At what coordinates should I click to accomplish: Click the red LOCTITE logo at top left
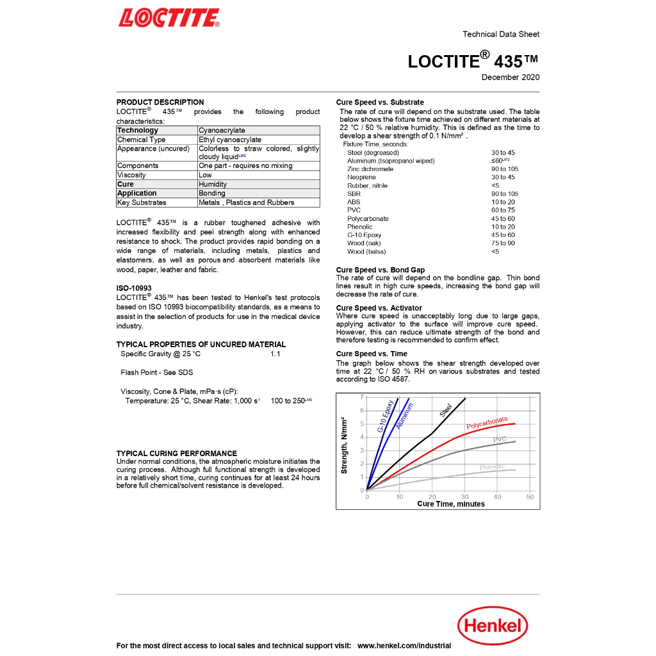pyautogui.click(x=168, y=18)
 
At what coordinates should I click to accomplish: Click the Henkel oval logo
pyautogui.click(x=492, y=625)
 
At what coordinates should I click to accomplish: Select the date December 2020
pyautogui.click(x=510, y=78)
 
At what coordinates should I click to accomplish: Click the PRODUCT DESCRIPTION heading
pyautogui.click(x=160, y=102)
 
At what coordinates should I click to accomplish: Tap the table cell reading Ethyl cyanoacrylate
pyautogui.click(x=230, y=140)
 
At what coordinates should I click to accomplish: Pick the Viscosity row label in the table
pyautogui.click(x=131, y=175)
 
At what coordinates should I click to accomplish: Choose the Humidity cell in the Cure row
pyautogui.click(x=213, y=184)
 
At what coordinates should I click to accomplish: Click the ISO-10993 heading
pyautogui.click(x=134, y=288)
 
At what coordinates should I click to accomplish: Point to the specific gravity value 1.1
pyautogui.click(x=275, y=354)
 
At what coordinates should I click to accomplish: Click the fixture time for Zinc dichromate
pyautogui.click(x=505, y=169)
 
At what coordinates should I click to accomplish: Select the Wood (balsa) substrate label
pyautogui.click(x=366, y=252)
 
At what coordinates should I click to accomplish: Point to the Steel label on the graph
pyautogui.click(x=446, y=410)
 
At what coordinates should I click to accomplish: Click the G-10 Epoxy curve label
pyautogui.click(x=386, y=416)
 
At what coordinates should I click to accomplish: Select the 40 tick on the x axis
pyautogui.click(x=497, y=497)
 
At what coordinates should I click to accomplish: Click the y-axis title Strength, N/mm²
pyautogui.click(x=344, y=445)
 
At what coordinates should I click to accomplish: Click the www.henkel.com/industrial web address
pyautogui.click(x=404, y=646)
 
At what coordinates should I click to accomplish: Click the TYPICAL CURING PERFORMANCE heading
pyautogui.click(x=177, y=454)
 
